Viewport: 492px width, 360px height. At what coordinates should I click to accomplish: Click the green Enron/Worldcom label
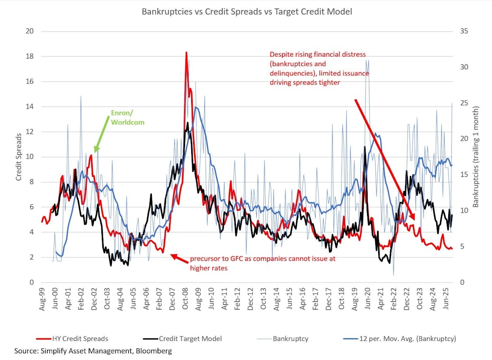(x=127, y=117)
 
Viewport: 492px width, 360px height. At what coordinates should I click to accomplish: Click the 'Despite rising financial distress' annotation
(x=320, y=68)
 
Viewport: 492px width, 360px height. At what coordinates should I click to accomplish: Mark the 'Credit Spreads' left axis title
(x=19, y=157)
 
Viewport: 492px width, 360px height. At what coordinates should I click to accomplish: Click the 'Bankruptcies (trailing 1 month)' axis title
(x=476, y=157)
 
